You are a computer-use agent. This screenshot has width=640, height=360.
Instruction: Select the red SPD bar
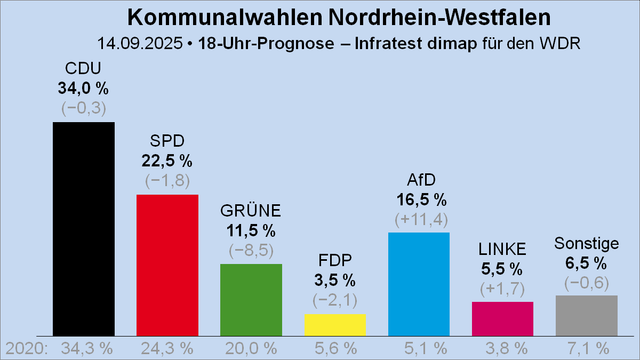coord(167,264)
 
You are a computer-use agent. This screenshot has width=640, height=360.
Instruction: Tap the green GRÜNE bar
coord(251,299)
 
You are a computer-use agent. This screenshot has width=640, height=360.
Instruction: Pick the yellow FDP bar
coord(335,324)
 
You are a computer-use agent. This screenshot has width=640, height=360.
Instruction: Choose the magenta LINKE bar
coord(503,318)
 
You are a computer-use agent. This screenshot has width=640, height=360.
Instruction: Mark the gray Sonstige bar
coord(586,315)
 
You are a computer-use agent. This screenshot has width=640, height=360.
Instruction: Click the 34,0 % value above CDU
coord(83,88)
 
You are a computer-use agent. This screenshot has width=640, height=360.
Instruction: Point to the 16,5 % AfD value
coord(419,199)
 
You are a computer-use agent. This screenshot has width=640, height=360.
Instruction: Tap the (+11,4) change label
coord(419,218)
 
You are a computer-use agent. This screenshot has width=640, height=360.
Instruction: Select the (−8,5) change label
coord(251,249)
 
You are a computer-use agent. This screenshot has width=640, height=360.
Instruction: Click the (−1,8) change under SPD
coord(167,180)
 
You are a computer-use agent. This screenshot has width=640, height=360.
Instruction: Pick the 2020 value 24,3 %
coord(167,348)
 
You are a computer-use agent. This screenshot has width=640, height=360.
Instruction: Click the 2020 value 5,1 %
coord(419,348)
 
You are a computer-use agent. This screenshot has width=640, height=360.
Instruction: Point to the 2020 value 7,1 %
coord(586,348)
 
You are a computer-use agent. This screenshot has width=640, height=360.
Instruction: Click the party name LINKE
coord(503,249)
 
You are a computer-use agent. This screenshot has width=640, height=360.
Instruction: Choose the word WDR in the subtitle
coord(561,44)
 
